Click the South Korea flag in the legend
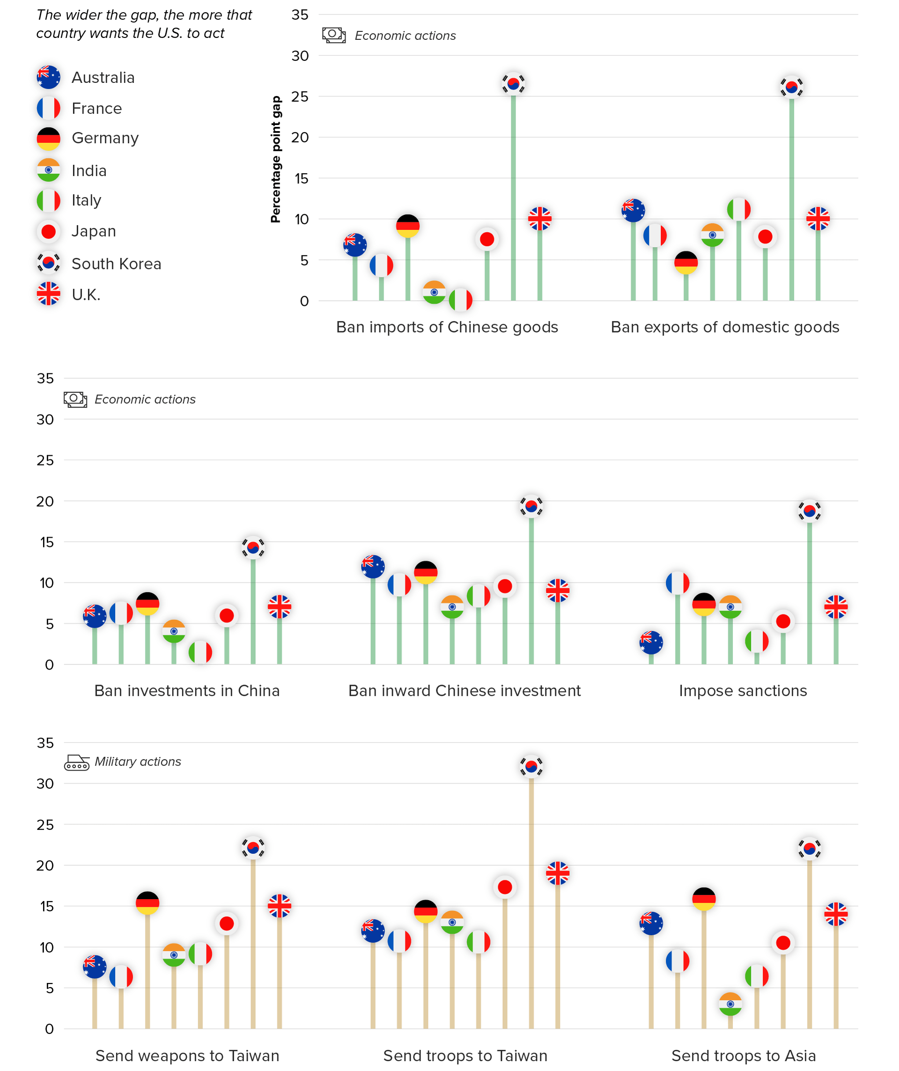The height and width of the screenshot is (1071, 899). coord(48,263)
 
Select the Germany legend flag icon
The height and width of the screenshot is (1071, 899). coord(48,139)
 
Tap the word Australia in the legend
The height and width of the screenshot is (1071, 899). coord(103,78)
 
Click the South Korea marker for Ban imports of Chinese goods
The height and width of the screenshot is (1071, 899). coord(513,84)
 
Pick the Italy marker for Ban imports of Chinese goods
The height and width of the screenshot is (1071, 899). coord(460,300)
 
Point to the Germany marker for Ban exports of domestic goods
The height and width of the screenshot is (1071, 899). coord(686,263)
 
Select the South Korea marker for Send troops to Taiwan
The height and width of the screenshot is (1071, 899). coord(531,767)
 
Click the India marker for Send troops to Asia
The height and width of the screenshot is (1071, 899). coord(730,1004)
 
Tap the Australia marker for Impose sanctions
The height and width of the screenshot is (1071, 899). coord(651,642)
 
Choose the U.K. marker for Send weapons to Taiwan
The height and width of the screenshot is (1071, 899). coord(280,906)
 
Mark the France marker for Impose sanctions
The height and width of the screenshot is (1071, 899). coord(678,583)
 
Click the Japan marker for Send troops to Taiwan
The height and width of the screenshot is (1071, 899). coord(505,887)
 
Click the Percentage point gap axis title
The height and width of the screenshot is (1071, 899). coord(276,159)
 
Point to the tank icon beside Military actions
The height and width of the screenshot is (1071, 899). coord(76,762)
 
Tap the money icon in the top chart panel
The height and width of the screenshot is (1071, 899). coord(334,35)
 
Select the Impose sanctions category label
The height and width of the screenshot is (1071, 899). coord(743,691)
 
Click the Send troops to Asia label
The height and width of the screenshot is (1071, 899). coord(744,1055)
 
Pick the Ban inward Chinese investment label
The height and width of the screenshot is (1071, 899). coord(464,691)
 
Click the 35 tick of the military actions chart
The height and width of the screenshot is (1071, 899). coord(45,743)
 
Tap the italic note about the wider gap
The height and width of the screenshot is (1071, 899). coord(144,24)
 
